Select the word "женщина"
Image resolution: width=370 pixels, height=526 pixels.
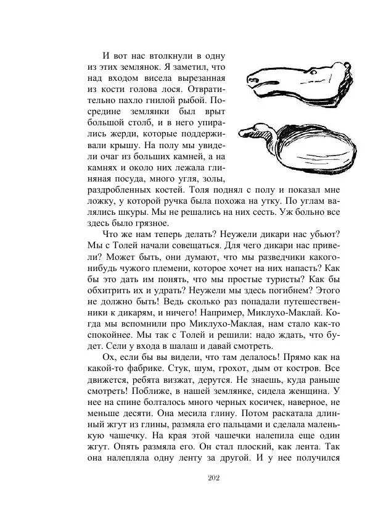click(x=315, y=390)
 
